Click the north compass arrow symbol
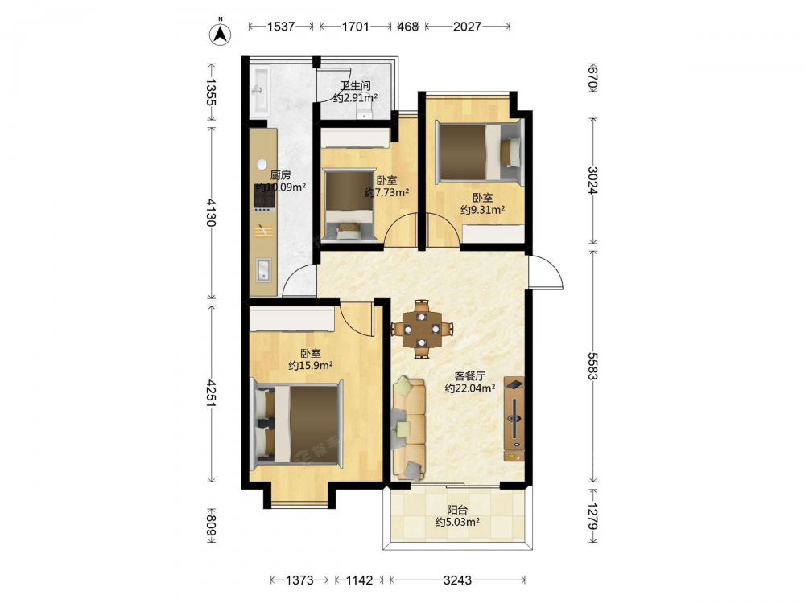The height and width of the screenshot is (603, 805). [x=221, y=33]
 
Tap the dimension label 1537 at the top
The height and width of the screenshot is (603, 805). [x=281, y=27]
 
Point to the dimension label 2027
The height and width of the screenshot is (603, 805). [x=467, y=27]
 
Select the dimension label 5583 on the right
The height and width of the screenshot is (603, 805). [x=593, y=366]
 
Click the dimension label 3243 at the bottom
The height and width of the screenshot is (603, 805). [x=457, y=580]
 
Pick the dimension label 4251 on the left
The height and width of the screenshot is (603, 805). [x=211, y=393]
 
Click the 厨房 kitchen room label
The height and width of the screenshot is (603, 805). [x=280, y=175]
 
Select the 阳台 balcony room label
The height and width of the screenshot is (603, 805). [x=457, y=510]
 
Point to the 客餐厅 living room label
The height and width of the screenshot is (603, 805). [x=469, y=375]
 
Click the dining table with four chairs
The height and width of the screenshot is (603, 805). [x=422, y=329]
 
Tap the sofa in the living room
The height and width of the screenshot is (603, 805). [x=409, y=429]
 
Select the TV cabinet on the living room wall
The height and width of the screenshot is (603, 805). [x=514, y=419]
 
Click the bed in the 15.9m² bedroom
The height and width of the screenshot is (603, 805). [x=297, y=424]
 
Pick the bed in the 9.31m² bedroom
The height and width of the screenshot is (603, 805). [x=479, y=151]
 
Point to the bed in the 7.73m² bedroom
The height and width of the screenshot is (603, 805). [x=349, y=205]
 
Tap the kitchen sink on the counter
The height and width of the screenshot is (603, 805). [x=264, y=270]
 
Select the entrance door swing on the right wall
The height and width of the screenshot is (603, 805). [x=546, y=273]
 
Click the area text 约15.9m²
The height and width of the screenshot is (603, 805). [x=311, y=366]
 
